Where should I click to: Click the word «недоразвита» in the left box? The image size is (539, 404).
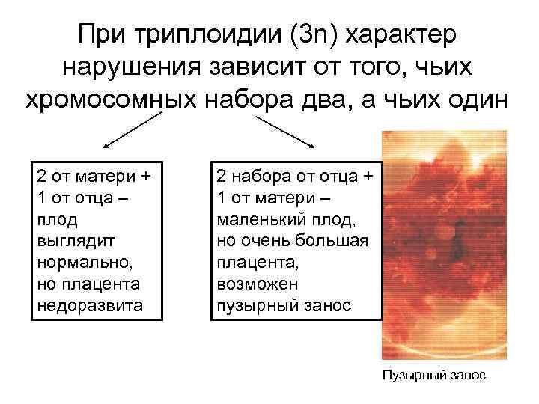pyautogui.click(x=82, y=306)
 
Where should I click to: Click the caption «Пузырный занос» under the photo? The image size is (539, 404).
pyautogui.click(x=433, y=375)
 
